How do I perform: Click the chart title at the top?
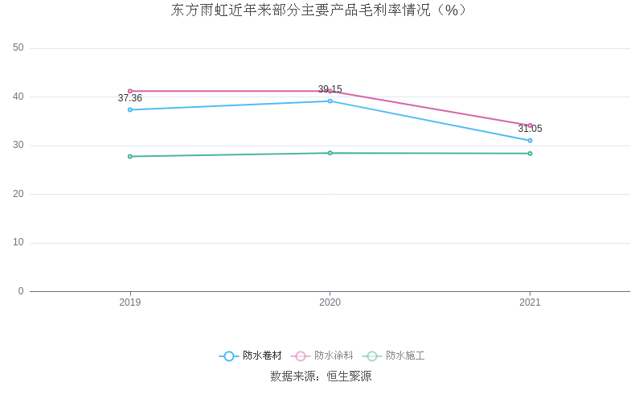pos(321,10)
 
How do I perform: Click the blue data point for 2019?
pos(130,109)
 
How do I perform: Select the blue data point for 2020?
pos(330,101)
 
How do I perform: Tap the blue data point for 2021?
pos(530,140)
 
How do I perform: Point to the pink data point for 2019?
pos(130,91)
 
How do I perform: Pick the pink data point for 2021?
pos(530,125)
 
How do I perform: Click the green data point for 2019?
pos(130,156)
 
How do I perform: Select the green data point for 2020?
pos(330,153)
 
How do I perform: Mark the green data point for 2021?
pos(530,154)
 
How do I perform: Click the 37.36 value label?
pos(130,98)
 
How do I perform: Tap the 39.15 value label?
pos(330,89)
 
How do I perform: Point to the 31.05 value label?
pos(530,129)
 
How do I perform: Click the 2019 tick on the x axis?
pos(130,302)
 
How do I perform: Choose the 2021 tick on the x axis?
pos(530,302)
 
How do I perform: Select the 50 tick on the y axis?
pos(18,48)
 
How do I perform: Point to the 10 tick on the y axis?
pos(18,243)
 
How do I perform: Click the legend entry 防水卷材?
pos(251,356)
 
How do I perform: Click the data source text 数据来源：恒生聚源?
pos(321,376)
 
